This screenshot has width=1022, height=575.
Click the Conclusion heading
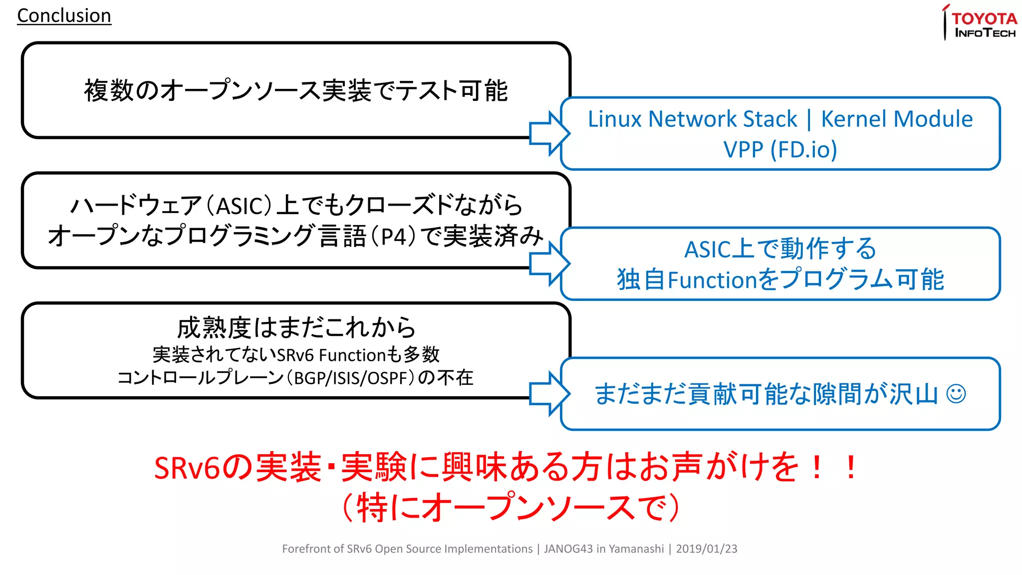(x=64, y=15)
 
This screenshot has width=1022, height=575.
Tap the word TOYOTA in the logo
(x=984, y=18)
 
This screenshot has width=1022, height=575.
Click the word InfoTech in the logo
(x=985, y=33)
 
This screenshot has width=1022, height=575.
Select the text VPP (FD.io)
(x=780, y=149)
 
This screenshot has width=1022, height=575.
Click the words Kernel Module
(x=897, y=119)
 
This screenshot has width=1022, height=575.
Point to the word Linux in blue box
(x=615, y=119)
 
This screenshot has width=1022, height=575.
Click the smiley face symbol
(x=956, y=394)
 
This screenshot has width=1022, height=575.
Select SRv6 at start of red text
(x=187, y=468)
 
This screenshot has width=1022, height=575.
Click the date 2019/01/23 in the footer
(x=706, y=549)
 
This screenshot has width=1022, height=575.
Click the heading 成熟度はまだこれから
(x=296, y=328)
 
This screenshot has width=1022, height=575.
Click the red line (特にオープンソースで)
(x=511, y=508)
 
